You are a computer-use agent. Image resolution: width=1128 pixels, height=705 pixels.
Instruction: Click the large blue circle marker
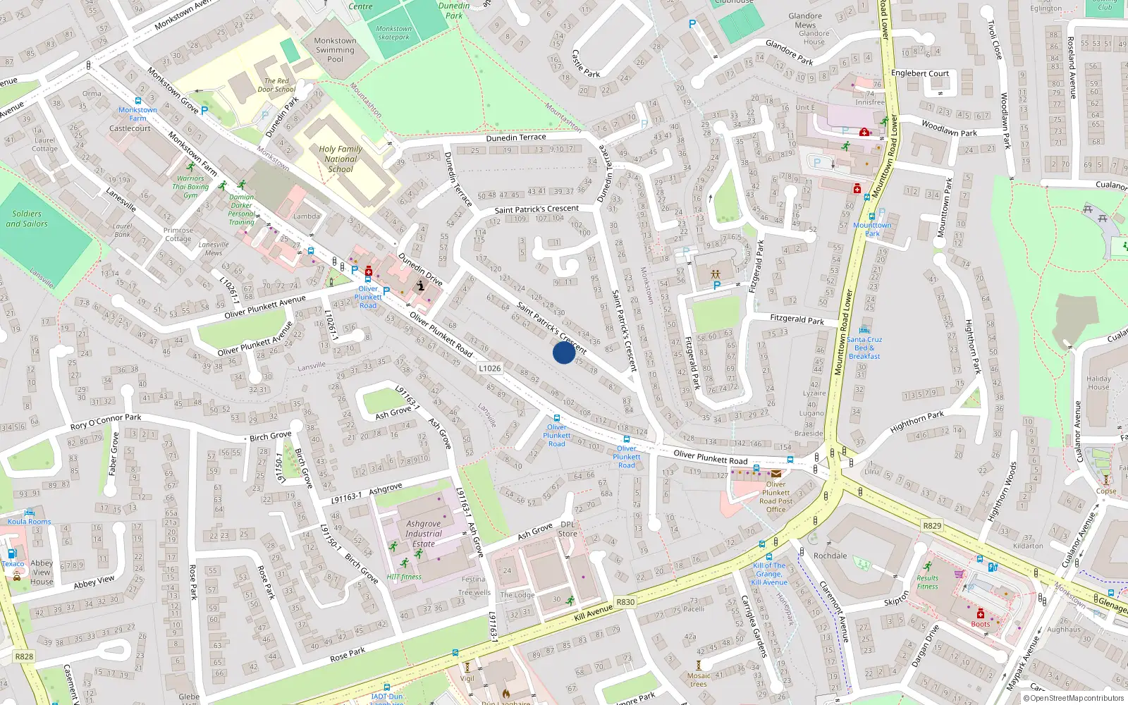coord(563,352)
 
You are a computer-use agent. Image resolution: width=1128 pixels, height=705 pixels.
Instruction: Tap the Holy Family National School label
coord(341,159)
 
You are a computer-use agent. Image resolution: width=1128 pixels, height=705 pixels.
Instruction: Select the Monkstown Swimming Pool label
coord(335,50)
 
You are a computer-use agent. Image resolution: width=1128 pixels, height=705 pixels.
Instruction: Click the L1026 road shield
coord(489,368)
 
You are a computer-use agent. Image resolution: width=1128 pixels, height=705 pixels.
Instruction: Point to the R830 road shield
coord(625,602)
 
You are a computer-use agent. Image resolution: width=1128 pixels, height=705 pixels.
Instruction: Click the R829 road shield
coord(932,526)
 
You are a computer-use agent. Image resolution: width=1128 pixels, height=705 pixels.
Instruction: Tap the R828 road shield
coord(24,656)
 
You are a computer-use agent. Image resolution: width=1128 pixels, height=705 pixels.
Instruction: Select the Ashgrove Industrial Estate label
coord(423,534)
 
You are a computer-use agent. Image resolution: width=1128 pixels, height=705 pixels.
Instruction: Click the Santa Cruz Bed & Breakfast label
coord(864,348)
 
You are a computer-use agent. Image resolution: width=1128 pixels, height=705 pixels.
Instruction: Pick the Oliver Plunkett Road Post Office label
coord(775,497)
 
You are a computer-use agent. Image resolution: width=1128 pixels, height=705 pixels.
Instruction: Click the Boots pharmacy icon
coord(980,613)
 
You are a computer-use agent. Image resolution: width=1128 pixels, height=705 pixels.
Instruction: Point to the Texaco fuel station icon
coord(12,554)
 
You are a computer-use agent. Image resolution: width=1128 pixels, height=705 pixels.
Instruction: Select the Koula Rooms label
coord(29,522)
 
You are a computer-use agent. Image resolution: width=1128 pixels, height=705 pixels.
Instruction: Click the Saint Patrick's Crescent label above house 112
coord(537,209)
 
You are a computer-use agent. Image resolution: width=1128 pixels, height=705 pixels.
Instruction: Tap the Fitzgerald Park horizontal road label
coord(797,319)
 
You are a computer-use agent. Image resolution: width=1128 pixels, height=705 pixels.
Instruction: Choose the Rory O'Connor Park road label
coord(106,422)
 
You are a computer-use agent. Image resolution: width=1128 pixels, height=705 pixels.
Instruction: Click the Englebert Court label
coord(920,73)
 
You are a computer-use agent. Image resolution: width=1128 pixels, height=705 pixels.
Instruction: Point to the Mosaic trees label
coord(699,680)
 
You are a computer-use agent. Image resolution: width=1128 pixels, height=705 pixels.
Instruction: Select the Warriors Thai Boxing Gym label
coord(190,187)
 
